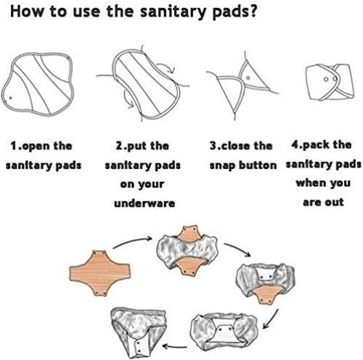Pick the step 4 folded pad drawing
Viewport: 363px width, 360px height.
coord(322,82)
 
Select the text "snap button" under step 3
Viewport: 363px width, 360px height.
coord(243,165)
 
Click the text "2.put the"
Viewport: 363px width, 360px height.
coord(142,145)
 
